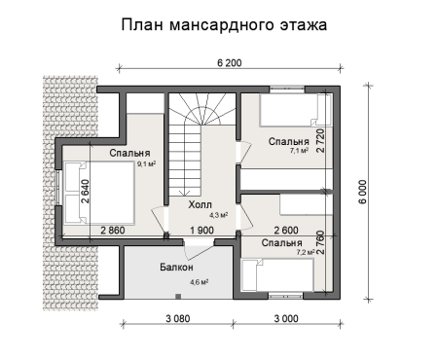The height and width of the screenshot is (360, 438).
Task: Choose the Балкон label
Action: tap(177, 267)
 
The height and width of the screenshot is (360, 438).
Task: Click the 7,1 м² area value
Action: tap(299, 152)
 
